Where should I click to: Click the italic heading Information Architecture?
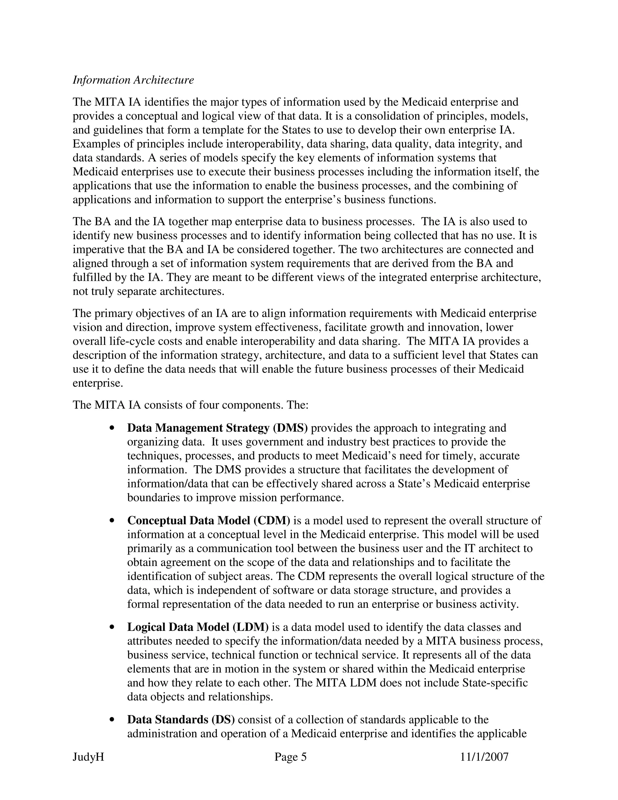click(133, 80)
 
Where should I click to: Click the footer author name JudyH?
click(88, 757)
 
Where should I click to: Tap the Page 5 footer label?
click(290, 757)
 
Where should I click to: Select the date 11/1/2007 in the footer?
click(484, 757)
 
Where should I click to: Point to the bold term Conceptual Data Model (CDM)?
click(208, 520)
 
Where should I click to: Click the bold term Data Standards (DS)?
click(181, 719)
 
